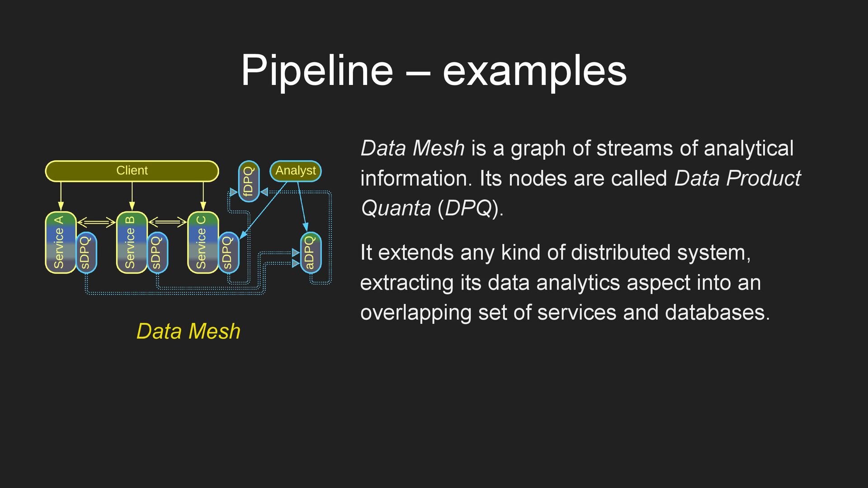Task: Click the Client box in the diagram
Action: click(x=132, y=171)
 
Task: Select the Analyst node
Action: click(x=296, y=171)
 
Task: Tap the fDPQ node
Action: click(x=249, y=181)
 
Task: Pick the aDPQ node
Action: click(x=311, y=253)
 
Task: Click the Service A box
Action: click(x=60, y=243)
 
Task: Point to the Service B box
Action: click(x=131, y=243)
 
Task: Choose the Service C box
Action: click(x=203, y=243)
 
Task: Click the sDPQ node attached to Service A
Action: click(x=86, y=253)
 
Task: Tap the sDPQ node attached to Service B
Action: click(x=157, y=253)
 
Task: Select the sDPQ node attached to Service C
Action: click(x=228, y=253)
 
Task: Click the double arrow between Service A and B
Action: click(x=96, y=222)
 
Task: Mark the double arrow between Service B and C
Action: click(x=167, y=222)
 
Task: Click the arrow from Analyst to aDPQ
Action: click(x=302, y=206)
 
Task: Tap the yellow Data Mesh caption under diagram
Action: click(x=188, y=331)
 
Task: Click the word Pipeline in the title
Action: click(x=317, y=70)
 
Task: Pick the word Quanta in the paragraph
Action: click(x=396, y=208)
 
